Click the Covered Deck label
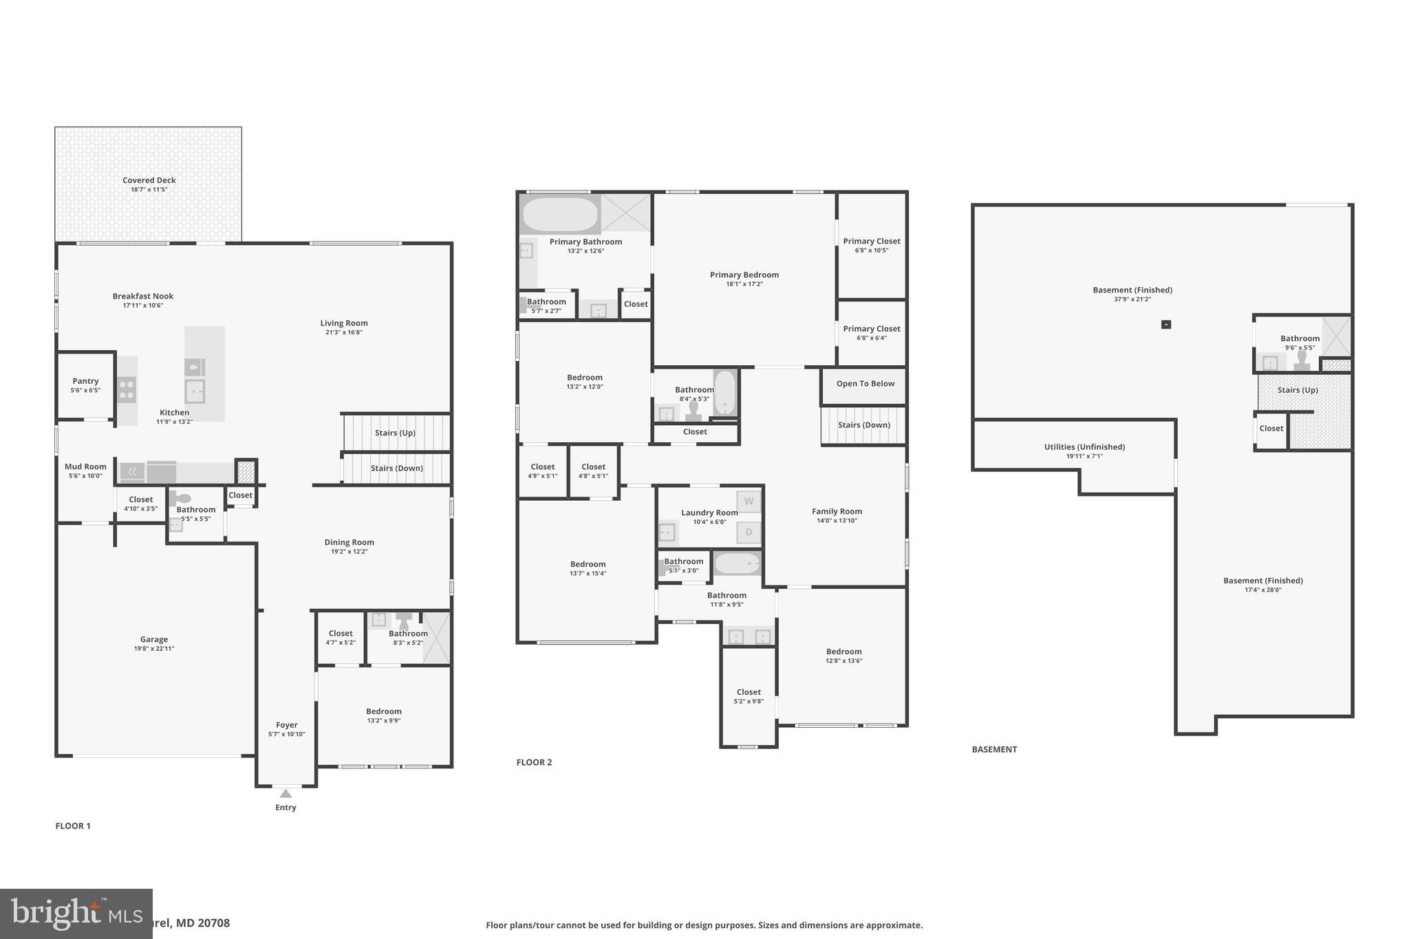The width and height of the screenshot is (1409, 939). point(149,180)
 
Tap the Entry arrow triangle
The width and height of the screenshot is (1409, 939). point(286,794)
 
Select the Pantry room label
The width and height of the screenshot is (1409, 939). point(85,381)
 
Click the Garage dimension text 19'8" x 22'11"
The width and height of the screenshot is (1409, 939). point(154,649)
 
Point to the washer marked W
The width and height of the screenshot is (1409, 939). point(749,501)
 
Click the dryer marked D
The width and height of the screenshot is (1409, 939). point(749,532)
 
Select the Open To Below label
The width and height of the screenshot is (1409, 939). point(865,384)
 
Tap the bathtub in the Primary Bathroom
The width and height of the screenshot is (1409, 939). point(560,215)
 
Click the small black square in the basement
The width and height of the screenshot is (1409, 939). point(1165,325)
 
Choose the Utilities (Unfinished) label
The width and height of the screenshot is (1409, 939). point(1084,447)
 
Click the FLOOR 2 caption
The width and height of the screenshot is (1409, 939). point(534,762)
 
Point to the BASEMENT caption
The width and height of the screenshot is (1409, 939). point(993,750)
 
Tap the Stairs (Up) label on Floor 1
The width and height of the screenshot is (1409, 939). point(395,433)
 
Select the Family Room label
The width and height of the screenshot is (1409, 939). point(837,511)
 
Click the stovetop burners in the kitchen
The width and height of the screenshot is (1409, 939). point(127,389)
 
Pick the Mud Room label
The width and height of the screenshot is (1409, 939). point(85,466)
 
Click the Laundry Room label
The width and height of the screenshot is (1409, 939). point(709,512)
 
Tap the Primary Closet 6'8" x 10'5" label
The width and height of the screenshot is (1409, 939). point(871,241)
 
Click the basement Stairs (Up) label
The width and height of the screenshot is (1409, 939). point(1298,390)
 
